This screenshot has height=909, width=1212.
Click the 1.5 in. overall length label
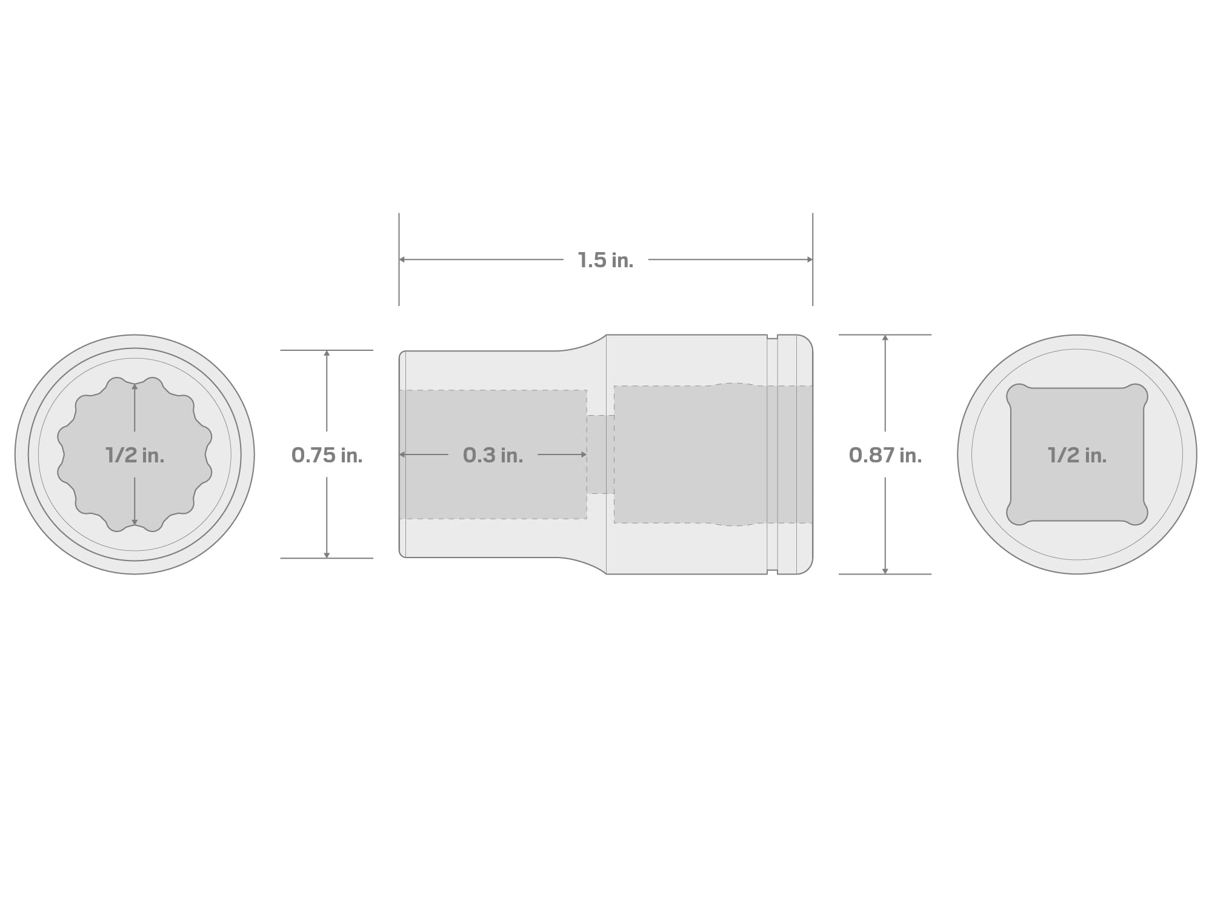tap(605, 261)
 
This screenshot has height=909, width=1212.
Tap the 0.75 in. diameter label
tap(327, 455)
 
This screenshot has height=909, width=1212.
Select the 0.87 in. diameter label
tap(885, 455)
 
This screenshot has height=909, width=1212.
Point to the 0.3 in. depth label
tap(493, 455)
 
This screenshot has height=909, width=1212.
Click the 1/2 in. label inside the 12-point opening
tap(135, 455)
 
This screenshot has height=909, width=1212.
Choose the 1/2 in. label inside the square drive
tap(1077, 455)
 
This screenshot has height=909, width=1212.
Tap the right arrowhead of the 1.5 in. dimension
tap(809, 259)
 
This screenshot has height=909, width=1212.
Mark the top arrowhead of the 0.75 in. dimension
tap(327, 354)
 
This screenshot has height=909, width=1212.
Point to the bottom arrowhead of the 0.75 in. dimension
tap(327, 554)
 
